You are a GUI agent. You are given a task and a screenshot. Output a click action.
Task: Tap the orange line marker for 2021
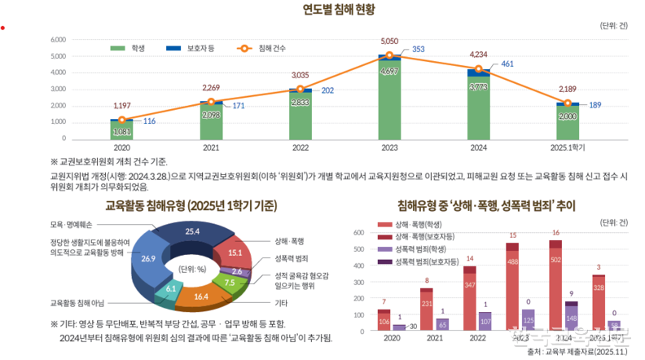tap(211, 102)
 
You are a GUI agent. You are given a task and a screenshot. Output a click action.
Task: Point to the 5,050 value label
tap(390, 40)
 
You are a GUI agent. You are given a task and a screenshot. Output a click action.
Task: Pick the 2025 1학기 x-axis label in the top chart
tap(568, 147)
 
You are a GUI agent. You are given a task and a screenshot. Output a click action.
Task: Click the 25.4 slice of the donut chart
tap(192, 233)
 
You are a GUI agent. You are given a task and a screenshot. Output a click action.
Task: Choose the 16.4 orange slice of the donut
tap(201, 296)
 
